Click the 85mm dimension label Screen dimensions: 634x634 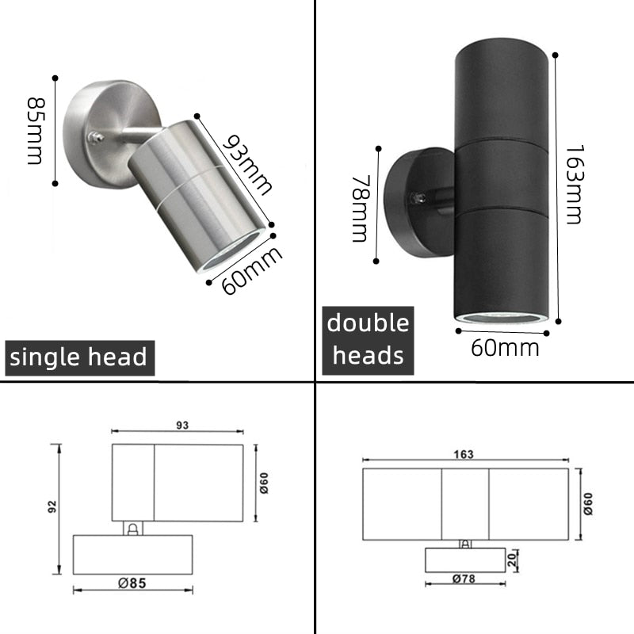point(36,130)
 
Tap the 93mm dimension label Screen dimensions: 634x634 point(246,165)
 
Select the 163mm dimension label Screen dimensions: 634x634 point(574,184)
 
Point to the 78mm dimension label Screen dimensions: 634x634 point(361,209)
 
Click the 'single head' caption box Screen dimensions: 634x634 point(78,357)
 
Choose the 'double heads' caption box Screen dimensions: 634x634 point(368,339)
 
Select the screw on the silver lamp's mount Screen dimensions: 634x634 point(96,138)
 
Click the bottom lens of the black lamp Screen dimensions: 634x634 point(501,319)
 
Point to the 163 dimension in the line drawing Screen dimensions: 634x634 point(464,454)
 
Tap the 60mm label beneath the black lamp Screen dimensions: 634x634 point(505,347)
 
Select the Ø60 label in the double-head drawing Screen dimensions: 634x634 point(588,502)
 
